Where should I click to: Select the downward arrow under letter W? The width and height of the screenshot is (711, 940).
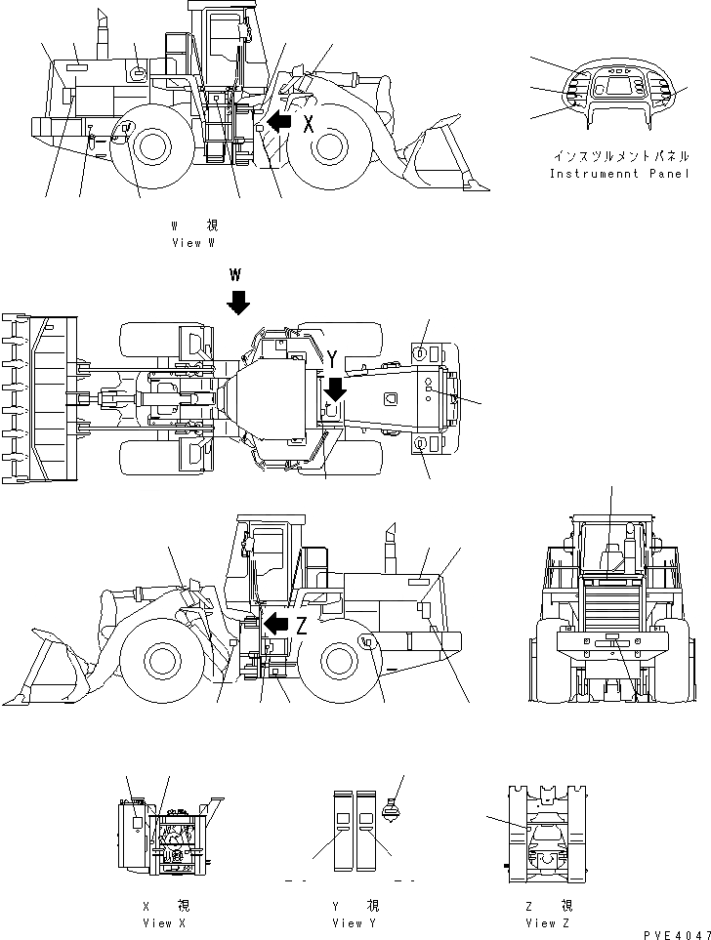tap(237, 302)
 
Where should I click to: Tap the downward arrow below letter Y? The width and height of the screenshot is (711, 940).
tap(334, 390)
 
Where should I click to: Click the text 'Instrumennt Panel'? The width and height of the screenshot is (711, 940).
tap(618, 175)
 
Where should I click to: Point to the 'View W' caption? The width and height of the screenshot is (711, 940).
tap(192, 242)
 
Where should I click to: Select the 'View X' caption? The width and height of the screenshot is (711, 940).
tap(164, 922)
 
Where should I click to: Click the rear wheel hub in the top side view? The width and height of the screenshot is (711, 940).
tap(151, 147)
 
